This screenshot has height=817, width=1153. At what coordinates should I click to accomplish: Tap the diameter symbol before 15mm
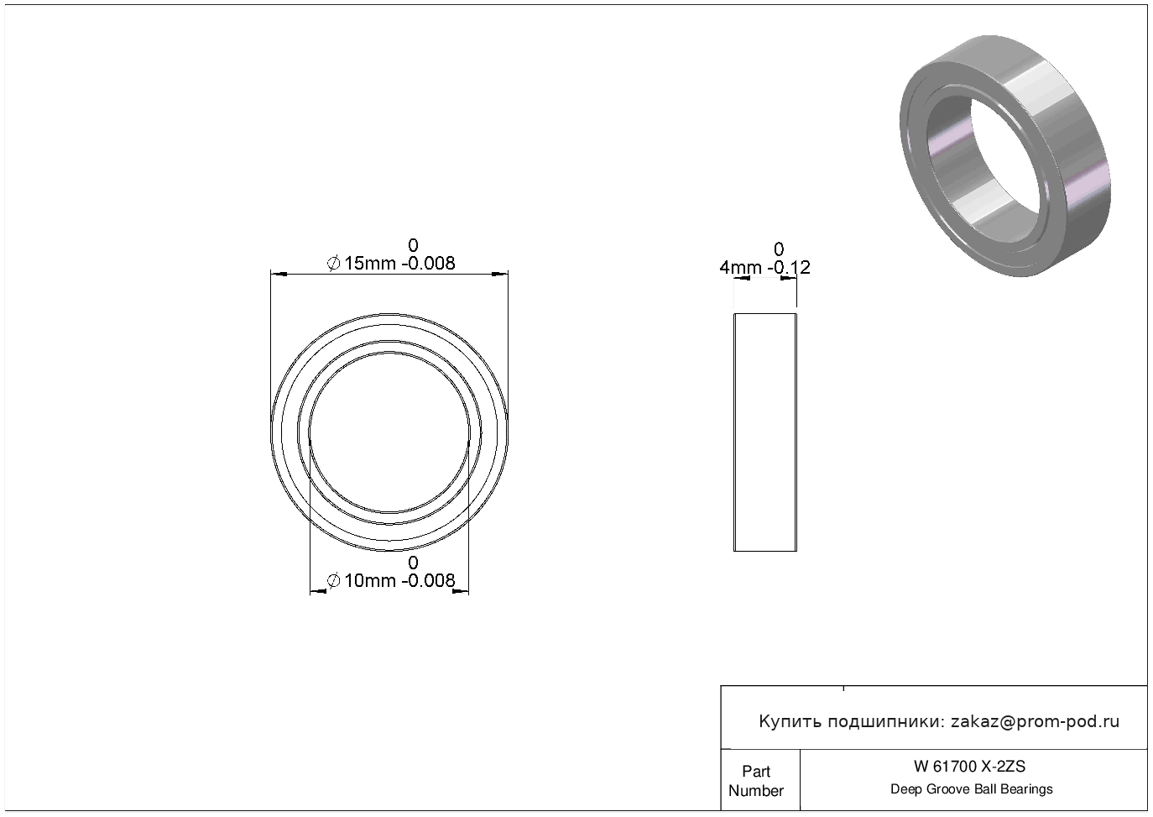pos(333,264)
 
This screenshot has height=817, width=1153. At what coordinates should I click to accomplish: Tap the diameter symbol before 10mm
pos(333,581)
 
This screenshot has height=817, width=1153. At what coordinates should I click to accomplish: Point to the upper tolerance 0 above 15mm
pos(413,245)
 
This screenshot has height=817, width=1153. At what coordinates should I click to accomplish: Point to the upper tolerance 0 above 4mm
pos(779,249)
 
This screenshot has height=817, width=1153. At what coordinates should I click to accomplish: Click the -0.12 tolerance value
pos(789,268)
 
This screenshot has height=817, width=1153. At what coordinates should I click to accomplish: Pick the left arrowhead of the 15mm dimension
pos(279,274)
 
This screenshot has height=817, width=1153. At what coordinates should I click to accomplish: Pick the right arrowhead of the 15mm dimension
pos(500,274)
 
